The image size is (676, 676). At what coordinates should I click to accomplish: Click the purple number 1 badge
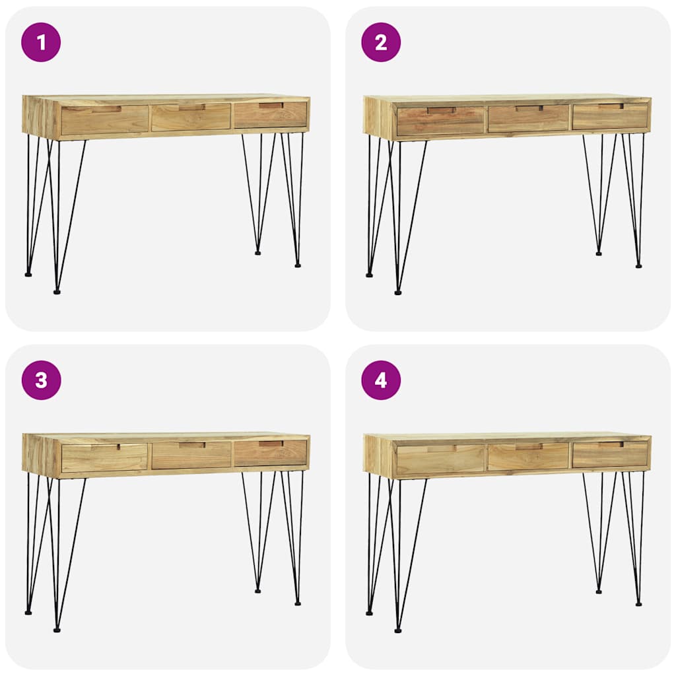click(41, 42)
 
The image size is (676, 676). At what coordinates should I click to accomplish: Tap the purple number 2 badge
click(381, 42)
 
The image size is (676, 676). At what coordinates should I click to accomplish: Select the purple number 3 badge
click(41, 380)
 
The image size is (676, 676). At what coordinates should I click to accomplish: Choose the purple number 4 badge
click(381, 380)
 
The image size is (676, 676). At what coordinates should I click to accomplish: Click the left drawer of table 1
click(104, 120)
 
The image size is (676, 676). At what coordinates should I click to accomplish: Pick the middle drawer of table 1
click(191, 118)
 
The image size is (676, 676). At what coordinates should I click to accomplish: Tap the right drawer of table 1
click(271, 115)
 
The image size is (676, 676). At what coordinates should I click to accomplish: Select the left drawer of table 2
click(440, 121)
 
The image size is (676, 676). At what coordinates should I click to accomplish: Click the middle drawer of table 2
click(528, 119)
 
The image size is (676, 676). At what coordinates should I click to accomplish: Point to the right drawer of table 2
click(610, 116)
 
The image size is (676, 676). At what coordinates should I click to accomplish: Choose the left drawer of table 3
click(104, 458)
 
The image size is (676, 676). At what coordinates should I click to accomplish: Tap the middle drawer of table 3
click(191, 456)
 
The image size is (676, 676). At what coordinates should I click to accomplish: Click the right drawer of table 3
click(271, 453)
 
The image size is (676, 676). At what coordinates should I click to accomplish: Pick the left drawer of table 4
click(440, 459)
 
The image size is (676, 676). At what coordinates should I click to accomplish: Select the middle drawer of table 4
click(528, 457)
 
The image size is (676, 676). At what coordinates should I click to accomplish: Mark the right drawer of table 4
click(610, 454)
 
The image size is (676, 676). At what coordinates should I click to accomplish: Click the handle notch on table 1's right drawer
click(271, 105)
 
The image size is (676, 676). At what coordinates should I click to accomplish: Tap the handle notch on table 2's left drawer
click(441, 110)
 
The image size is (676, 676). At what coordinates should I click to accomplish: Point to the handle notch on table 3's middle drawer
click(191, 445)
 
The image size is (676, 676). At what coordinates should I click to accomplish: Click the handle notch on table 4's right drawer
click(611, 444)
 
